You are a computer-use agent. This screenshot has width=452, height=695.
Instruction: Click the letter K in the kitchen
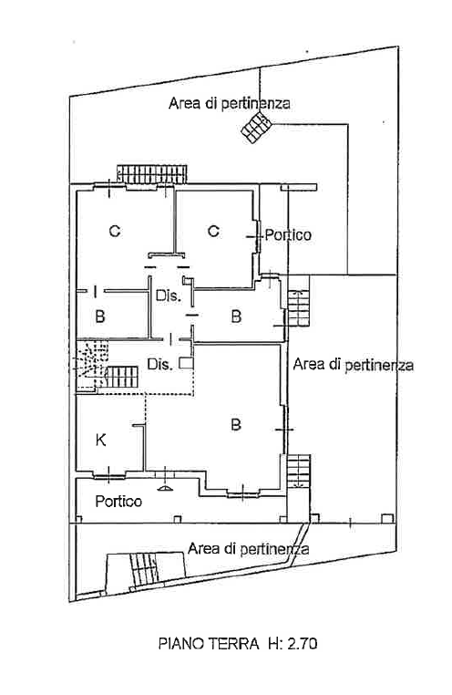pyautogui.click(x=101, y=441)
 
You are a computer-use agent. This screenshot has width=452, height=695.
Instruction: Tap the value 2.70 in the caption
pyautogui.click(x=303, y=643)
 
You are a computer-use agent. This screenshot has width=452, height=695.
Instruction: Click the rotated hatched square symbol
pyautogui.click(x=256, y=128)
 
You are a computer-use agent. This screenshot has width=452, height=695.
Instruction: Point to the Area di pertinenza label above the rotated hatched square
pyautogui.click(x=230, y=103)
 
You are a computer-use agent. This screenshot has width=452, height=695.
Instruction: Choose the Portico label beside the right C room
pyautogui.click(x=288, y=234)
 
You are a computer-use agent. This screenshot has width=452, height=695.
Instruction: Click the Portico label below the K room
pyautogui.click(x=118, y=502)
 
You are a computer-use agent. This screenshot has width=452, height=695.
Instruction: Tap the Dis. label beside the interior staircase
pyautogui.click(x=159, y=364)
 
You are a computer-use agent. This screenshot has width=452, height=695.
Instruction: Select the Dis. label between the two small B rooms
pyautogui.click(x=169, y=296)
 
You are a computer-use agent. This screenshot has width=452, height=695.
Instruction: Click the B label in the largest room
pyautogui.click(x=236, y=425)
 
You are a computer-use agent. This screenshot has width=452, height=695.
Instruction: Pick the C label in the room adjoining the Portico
pyautogui.click(x=213, y=231)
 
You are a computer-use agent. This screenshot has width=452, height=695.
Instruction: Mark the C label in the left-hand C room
pyautogui.click(x=115, y=231)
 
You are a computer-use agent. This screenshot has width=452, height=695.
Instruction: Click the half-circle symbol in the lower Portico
pyautogui.click(x=165, y=489)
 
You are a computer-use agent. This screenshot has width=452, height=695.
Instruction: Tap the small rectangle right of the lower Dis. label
pyautogui.click(x=186, y=363)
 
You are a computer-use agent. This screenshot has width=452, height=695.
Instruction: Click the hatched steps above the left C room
pyautogui.click(x=152, y=174)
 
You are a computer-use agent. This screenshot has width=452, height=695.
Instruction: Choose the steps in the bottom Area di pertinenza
pyautogui.click(x=144, y=568)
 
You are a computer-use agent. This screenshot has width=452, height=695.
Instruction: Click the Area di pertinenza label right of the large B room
pyautogui.click(x=354, y=365)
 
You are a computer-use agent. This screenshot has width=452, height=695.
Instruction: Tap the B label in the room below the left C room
pyautogui.click(x=100, y=316)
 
